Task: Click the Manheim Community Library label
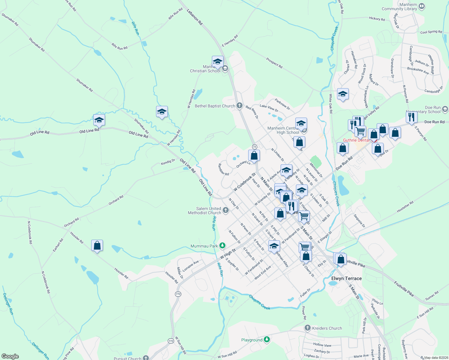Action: click(399, 7)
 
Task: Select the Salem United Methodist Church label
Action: click(204, 211)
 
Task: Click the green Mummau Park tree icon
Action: click(222, 246)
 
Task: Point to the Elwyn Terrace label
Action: click(346, 278)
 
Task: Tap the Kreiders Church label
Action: click(327, 328)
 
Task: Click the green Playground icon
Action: click(267, 340)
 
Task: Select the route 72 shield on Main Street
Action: click(255, 147)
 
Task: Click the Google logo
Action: click(10, 356)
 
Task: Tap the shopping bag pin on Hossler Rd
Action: click(97, 245)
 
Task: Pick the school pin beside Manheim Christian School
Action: click(218, 62)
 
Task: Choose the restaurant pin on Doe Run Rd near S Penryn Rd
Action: click(411, 117)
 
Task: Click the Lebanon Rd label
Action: click(195, 16)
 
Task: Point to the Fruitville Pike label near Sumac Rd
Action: click(404, 289)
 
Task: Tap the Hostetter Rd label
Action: click(405, 207)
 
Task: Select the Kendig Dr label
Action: click(168, 162)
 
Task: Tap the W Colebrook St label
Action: click(245, 182)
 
